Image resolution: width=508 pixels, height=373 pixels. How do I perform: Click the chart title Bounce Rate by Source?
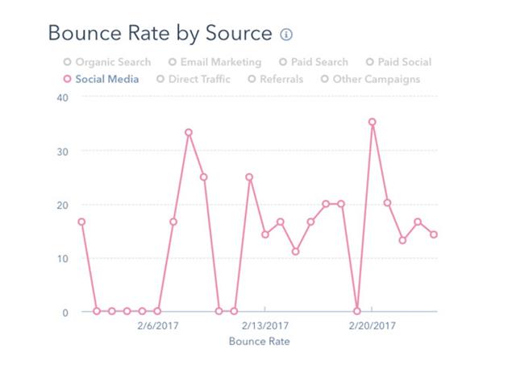[x=160, y=34]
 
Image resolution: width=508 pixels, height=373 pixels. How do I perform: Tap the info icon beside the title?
[x=286, y=35]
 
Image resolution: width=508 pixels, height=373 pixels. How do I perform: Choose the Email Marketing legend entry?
[x=214, y=62]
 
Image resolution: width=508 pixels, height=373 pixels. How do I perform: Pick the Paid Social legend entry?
[x=398, y=62]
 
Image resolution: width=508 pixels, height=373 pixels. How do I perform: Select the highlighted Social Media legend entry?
[x=101, y=79]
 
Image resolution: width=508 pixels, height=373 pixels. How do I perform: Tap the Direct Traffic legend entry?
[x=194, y=79]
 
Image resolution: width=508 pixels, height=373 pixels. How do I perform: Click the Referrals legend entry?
[x=277, y=79]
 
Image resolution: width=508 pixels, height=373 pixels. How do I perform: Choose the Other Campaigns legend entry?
[x=370, y=79]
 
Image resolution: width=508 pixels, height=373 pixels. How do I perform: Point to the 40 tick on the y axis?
[x=63, y=97]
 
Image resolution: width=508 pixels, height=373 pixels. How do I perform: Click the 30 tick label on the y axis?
[x=63, y=151]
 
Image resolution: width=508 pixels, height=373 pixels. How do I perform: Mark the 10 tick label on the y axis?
[x=63, y=258]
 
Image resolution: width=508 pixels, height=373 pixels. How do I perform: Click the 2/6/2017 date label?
[x=157, y=326]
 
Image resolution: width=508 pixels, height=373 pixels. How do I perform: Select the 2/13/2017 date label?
[x=265, y=326]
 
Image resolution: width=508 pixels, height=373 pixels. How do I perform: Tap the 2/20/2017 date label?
[x=373, y=326]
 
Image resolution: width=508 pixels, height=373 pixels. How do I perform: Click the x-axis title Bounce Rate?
[x=259, y=342]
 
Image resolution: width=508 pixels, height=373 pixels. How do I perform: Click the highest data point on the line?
[x=372, y=122]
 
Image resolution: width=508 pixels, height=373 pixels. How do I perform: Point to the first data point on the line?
[x=81, y=222]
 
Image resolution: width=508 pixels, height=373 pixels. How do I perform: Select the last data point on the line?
[x=434, y=234]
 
